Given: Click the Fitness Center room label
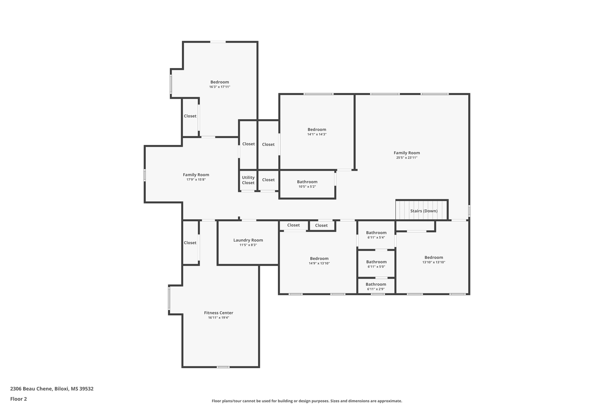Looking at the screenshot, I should [x=219, y=313].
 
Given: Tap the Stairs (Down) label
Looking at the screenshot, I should [x=424, y=211].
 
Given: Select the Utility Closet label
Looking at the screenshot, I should [x=248, y=180].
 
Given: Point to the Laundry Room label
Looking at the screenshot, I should [x=248, y=240].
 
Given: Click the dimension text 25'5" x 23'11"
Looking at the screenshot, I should [x=407, y=158].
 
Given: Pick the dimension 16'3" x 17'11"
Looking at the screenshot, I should [x=219, y=87].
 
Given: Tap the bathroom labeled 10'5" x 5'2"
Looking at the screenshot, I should [x=307, y=184].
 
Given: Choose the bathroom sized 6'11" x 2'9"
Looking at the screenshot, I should [x=376, y=286].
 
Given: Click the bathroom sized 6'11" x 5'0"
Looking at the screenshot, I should [x=376, y=264].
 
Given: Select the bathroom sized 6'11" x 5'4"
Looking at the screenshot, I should [x=376, y=235].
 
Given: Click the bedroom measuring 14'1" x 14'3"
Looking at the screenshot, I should [x=317, y=132].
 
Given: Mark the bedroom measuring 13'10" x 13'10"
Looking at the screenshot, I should [x=434, y=259].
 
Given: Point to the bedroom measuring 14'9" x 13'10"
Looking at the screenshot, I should [x=319, y=261].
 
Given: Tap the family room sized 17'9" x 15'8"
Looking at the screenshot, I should [x=196, y=177].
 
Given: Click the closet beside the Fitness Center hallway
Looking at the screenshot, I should [x=190, y=243].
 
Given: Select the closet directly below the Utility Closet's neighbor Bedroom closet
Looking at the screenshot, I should [x=268, y=180].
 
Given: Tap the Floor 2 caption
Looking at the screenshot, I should [x=19, y=399].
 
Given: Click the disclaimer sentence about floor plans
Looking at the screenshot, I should [x=307, y=401].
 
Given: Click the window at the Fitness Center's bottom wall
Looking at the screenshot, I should [x=223, y=367].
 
